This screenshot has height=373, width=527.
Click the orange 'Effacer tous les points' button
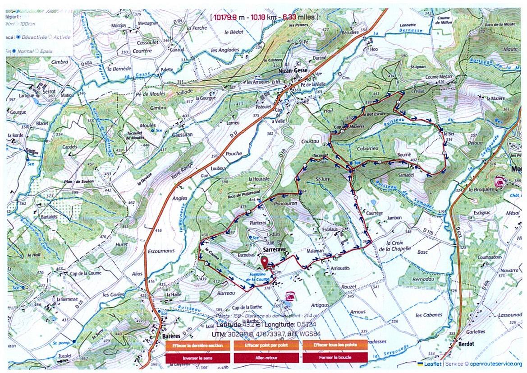[x=335, y=345]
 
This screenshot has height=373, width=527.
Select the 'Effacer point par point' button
[x=266, y=345]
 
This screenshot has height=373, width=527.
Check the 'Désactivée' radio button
[x=17, y=37]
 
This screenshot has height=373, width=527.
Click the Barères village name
[x=171, y=336]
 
